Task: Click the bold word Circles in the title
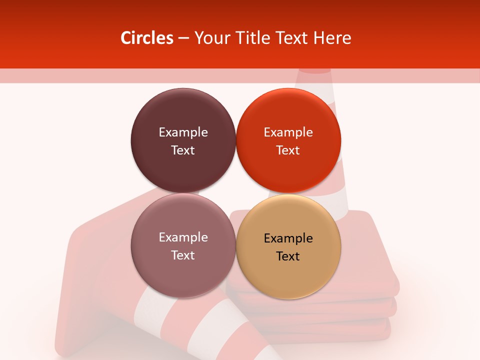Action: [x=146, y=38]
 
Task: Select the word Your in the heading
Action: [x=210, y=38]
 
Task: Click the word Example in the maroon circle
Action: [x=183, y=132]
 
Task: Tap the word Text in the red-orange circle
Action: [x=288, y=150]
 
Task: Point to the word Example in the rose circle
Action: [x=183, y=237]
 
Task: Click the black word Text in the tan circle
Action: [x=288, y=256]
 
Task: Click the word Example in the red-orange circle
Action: [x=288, y=132]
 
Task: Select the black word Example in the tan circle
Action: [x=288, y=238]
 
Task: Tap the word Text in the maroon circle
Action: [x=183, y=150]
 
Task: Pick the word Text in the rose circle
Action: [x=183, y=255]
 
